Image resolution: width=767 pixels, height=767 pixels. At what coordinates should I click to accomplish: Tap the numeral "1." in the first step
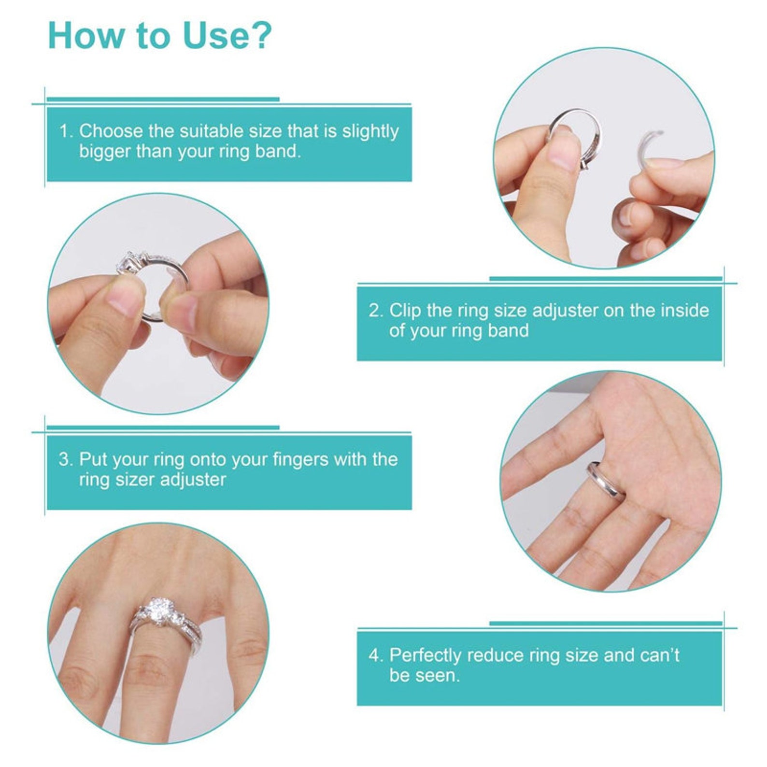pyautogui.click(x=67, y=131)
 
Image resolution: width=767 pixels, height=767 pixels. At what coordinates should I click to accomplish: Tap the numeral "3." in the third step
pyautogui.click(x=66, y=459)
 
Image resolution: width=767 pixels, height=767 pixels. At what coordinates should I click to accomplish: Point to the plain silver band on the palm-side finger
pyautogui.click(x=606, y=481)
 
